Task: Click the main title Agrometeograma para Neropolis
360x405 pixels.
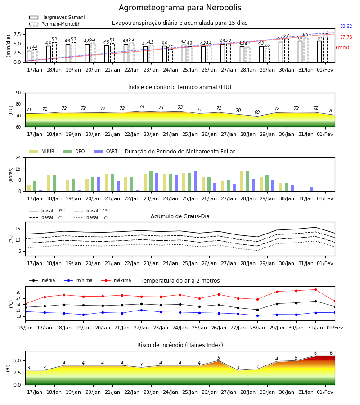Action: coord(180,8)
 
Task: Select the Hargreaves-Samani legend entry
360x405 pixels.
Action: coord(57,17)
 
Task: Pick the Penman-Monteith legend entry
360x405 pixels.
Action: coord(55,24)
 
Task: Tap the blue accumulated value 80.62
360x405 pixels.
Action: coord(346,27)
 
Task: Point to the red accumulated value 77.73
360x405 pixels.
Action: coord(346,37)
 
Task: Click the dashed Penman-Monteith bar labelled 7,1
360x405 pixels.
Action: coord(325,49)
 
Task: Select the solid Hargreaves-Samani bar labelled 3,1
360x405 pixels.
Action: coord(29,57)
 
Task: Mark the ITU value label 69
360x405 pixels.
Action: coord(257,112)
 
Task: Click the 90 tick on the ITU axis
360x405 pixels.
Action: coord(18,93)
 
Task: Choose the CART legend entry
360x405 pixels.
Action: coord(106,151)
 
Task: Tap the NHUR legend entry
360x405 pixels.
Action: coord(42,151)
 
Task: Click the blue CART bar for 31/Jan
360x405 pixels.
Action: coord(312,189)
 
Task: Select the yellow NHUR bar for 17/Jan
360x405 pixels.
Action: coord(29,189)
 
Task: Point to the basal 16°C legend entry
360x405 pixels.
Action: coord(92,217)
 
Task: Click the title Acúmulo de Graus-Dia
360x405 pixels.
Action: coord(180,216)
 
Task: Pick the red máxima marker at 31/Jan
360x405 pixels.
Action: coord(315,289)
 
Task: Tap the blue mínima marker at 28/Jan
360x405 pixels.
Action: coord(257,315)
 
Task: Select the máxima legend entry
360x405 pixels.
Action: coord(116,280)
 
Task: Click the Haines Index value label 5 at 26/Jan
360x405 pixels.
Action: coord(219,358)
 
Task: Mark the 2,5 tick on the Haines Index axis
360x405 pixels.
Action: coord(18,373)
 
